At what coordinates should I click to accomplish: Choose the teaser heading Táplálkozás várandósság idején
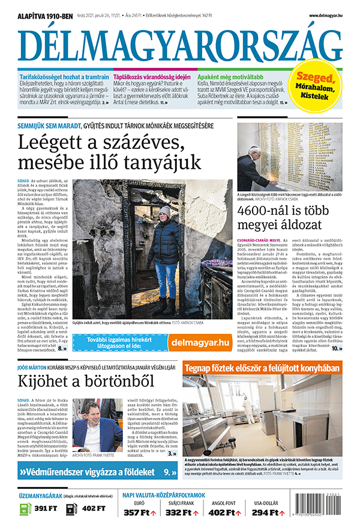(x=152, y=77)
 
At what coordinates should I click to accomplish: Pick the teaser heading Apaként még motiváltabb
(x=230, y=77)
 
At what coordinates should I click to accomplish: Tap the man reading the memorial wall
(x=253, y=163)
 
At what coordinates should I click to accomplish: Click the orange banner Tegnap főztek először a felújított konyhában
(x=262, y=368)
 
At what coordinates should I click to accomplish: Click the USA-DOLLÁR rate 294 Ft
(x=266, y=513)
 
